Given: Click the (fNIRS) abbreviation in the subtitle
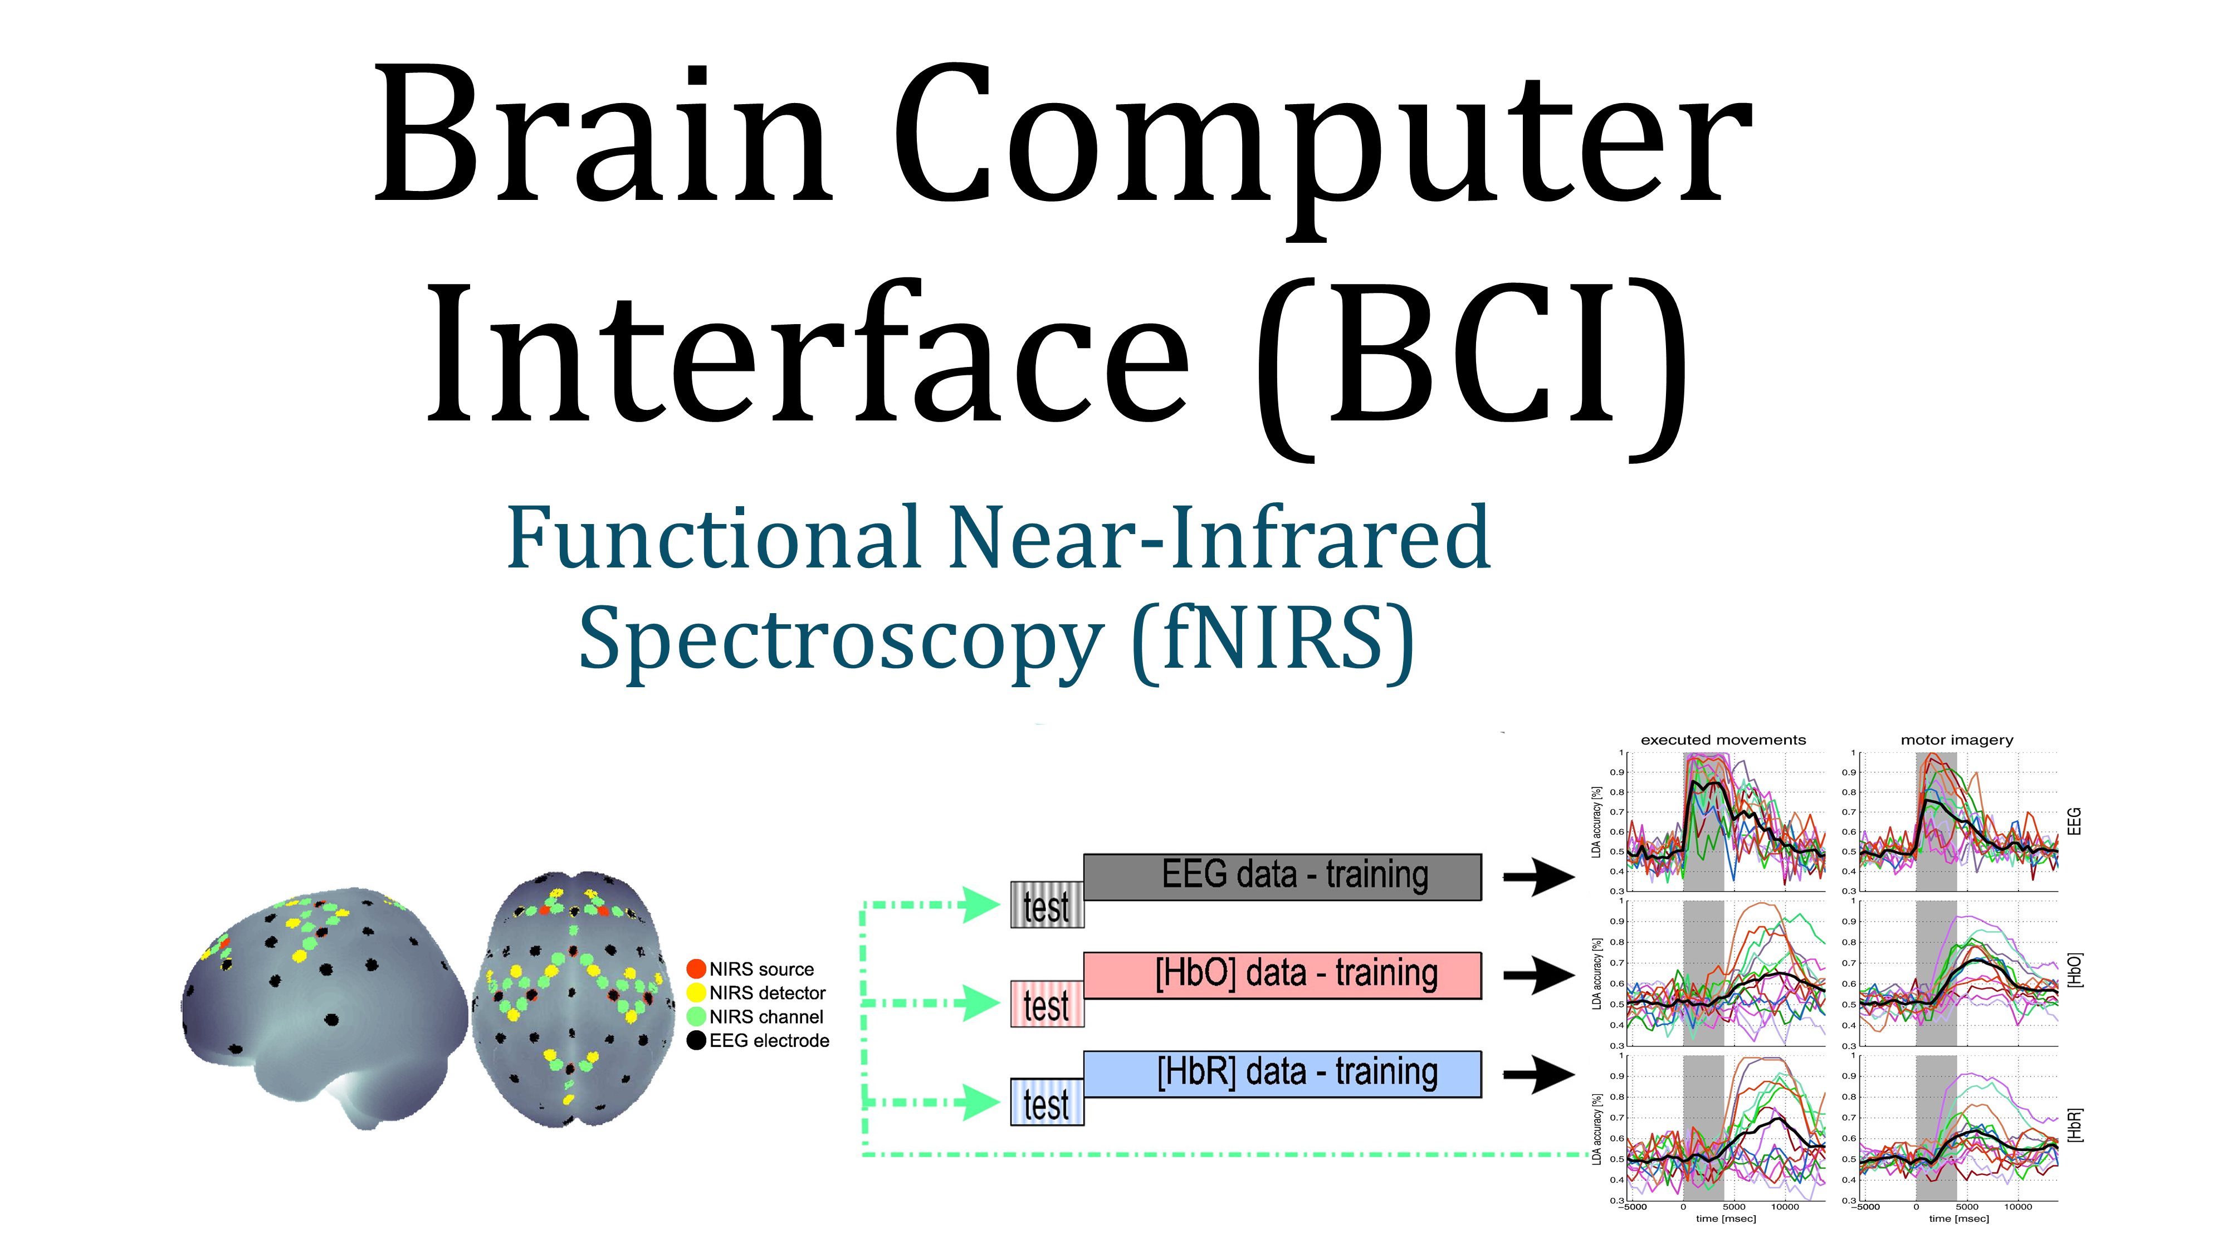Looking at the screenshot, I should tap(1272, 640).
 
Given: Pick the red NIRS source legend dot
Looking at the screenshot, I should tap(696, 968).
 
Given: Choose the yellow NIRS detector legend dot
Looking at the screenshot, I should tap(696, 993).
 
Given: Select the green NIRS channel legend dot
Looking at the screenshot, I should tap(696, 1016).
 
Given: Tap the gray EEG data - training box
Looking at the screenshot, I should tap(1282, 876).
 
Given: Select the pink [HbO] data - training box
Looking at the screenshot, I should tap(1282, 975).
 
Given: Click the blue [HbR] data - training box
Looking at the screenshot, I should tap(1282, 1073).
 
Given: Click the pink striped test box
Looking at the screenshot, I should tap(1047, 1004).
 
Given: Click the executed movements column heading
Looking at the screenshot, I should tap(1723, 740).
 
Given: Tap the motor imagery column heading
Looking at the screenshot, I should tap(1956, 740).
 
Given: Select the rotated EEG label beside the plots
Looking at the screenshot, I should tap(2074, 821).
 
